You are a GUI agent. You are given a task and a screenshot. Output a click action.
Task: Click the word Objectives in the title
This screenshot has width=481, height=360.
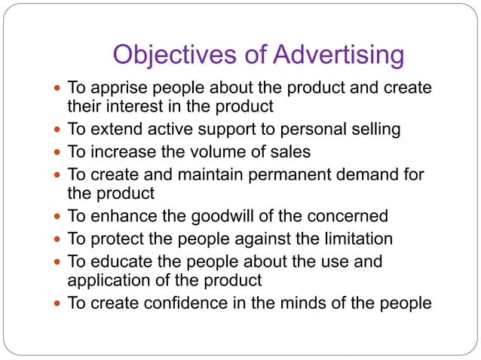(177, 55)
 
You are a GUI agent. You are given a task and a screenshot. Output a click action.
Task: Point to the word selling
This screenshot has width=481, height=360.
(373, 130)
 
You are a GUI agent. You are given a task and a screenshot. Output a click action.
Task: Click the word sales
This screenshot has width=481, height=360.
(290, 151)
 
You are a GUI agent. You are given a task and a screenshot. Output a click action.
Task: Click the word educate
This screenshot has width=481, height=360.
(121, 262)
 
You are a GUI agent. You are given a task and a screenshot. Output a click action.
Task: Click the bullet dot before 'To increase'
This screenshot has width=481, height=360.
(58, 152)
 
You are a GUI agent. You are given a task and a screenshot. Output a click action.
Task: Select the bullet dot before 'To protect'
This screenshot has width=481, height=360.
(58, 239)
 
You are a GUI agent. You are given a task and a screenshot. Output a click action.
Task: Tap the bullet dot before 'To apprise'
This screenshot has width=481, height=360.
(58, 89)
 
